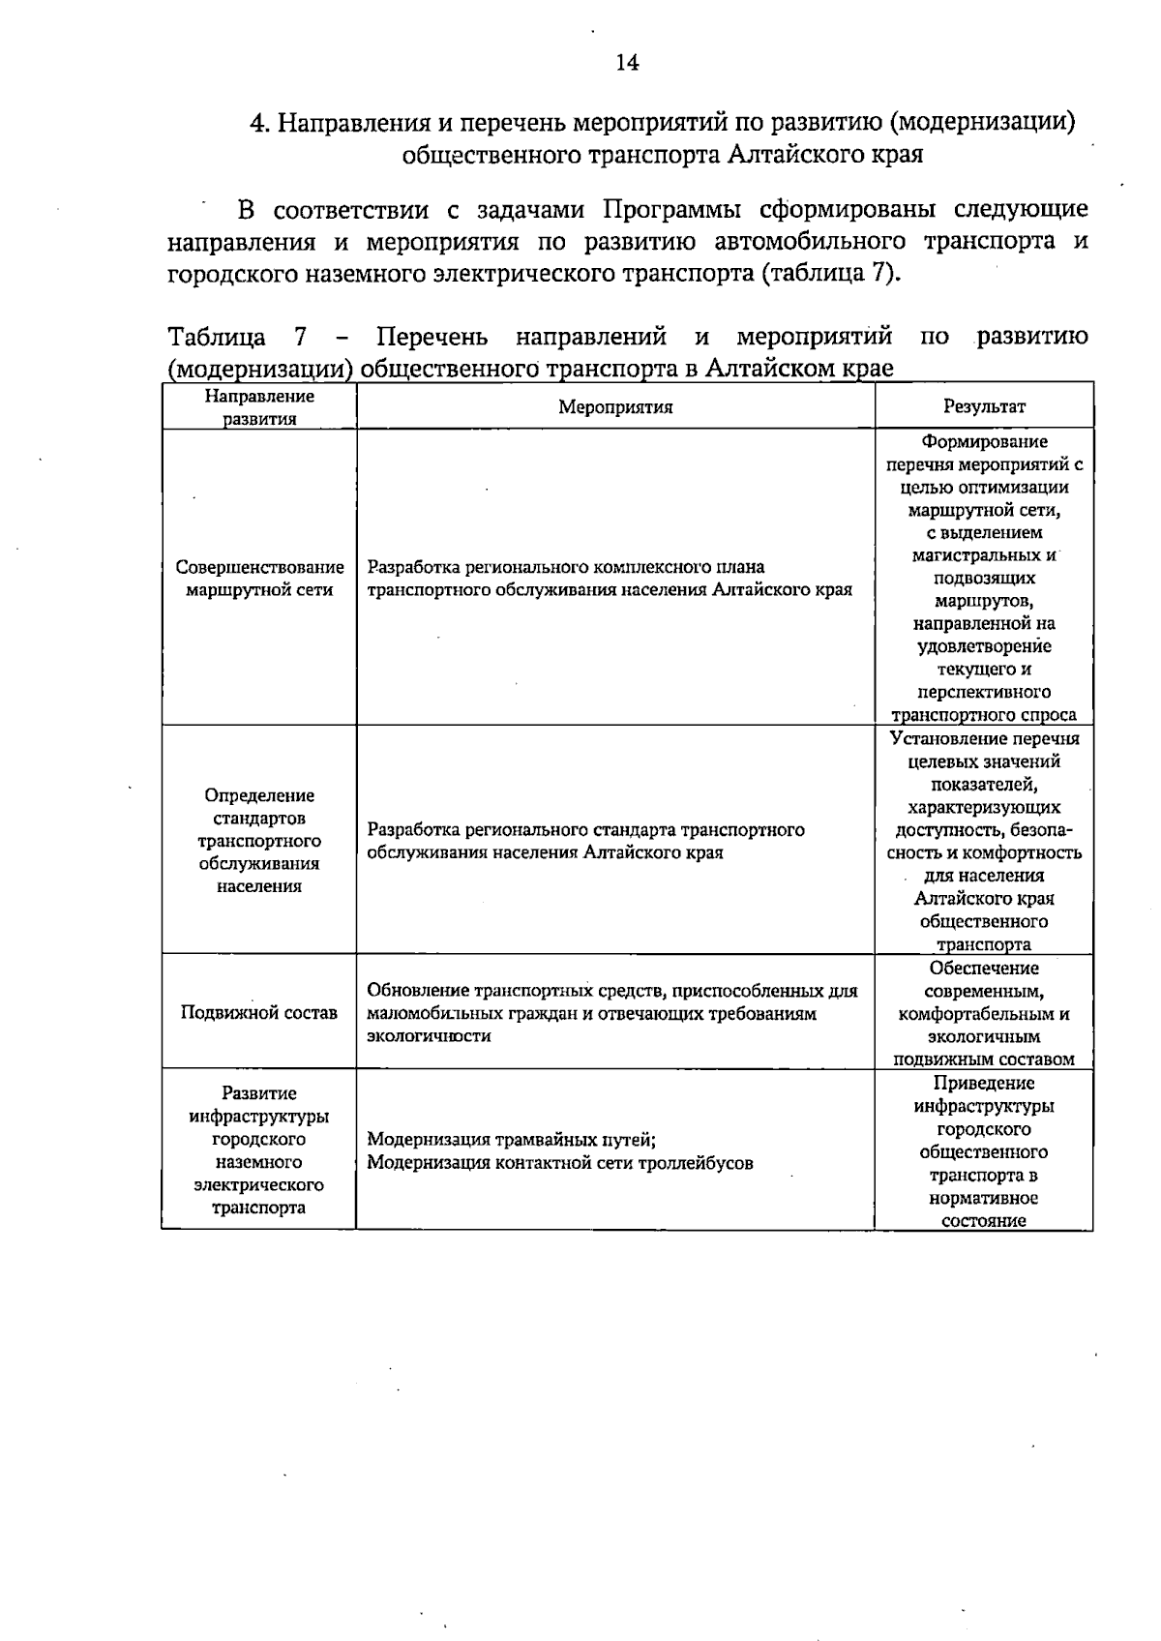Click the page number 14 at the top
626,63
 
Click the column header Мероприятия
614,407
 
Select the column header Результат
984,407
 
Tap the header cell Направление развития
259,407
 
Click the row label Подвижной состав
259,1013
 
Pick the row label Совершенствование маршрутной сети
259,579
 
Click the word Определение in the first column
259,795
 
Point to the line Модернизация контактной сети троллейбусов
559,1163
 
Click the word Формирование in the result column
984,442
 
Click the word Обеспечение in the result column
984,969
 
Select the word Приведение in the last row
984,1084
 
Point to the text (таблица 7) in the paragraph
829,273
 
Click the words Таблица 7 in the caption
237,337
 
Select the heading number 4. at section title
258,123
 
